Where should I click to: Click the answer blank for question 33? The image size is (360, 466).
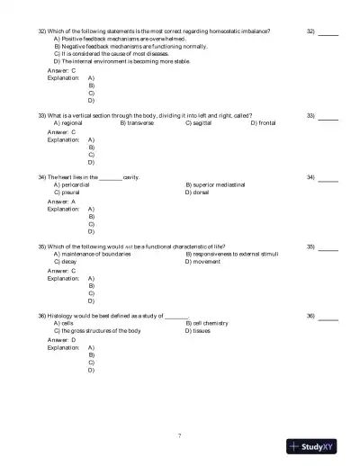point(328,118)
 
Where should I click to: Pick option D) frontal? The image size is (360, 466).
point(263,123)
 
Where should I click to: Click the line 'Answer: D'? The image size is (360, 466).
point(61,339)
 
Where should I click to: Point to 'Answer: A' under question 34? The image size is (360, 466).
point(61,201)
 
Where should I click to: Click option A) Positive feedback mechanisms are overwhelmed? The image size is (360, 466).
point(120,40)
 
